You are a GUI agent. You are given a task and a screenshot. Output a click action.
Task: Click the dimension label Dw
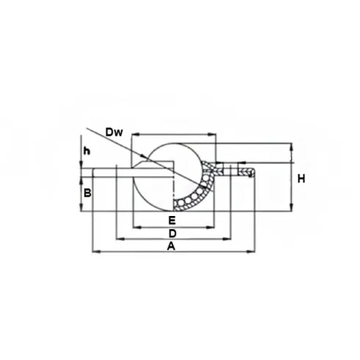114,132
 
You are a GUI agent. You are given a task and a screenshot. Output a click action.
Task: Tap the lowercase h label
87,151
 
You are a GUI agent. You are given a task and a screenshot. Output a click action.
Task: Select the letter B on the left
87,193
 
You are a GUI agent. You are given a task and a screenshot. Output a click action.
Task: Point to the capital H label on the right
301,179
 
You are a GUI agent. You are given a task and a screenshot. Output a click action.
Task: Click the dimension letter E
172,220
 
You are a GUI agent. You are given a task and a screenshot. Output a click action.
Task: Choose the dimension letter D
173,234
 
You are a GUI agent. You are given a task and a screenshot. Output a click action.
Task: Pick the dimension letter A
171,246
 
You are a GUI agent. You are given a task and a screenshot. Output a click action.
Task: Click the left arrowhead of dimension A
96,251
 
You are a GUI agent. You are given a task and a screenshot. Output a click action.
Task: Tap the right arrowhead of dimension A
251,251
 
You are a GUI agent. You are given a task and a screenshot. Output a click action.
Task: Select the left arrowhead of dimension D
120,239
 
